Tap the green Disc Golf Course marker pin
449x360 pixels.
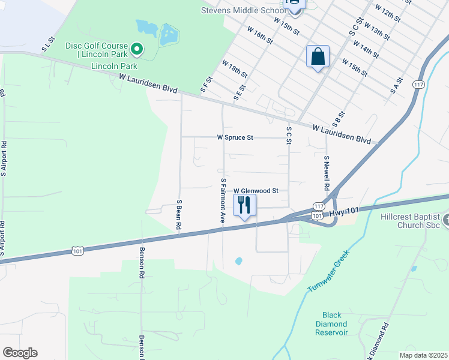pyautogui.click(x=137, y=48)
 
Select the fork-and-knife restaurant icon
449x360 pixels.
pyautogui.click(x=244, y=205)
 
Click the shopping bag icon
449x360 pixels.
pyautogui.click(x=318, y=57)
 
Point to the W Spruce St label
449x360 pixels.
pyautogui.click(x=235, y=137)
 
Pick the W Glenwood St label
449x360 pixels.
pyautogui.click(x=256, y=190)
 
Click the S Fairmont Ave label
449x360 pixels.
pyautogui.click(x=223, y=200)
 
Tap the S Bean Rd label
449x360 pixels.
pyautogui.click(x=178, y=215)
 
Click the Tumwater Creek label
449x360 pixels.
pyautogui.click(x=328, y=272)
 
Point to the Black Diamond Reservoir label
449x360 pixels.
pyautogui.click(x=335, y=323)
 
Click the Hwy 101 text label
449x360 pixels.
pyautogui.click(x=345, y=211)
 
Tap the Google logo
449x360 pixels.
pyautogui.click(x=20, y=352)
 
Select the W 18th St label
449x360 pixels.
pyautogui.click(x=235, y=68)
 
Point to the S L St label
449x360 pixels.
pyautogui.click(x=48, y=44)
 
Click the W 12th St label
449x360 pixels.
pyautogui.click(x=387, y=13)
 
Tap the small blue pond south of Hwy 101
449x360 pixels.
pyautogui.click(x=239, y=261)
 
